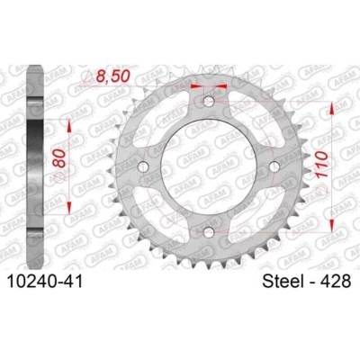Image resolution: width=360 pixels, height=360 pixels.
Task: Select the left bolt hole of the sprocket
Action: (144, 167)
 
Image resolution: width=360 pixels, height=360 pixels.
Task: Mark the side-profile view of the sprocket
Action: (35, 166)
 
